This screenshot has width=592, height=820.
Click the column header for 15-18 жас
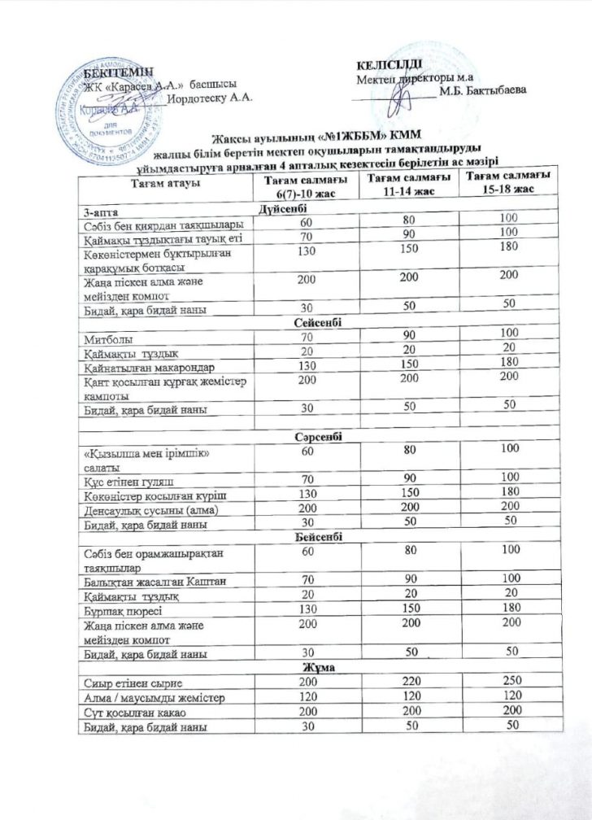tap(504, 182)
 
